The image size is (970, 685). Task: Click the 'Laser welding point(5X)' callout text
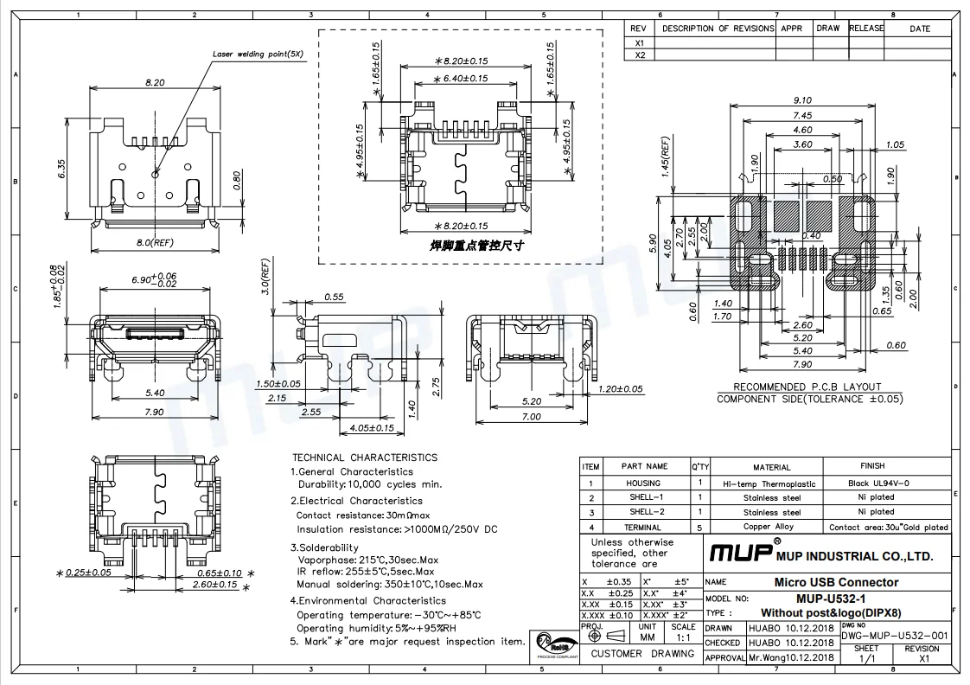258,54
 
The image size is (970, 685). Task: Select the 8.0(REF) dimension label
155,242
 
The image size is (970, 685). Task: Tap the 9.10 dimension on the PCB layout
802,100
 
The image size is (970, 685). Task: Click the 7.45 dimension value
802,115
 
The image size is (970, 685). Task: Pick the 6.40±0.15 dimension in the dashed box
461,79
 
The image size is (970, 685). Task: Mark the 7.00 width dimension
531,416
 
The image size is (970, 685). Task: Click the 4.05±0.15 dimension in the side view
371,427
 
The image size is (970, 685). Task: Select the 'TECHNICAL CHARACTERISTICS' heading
365,458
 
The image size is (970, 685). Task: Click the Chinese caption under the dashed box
476,246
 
